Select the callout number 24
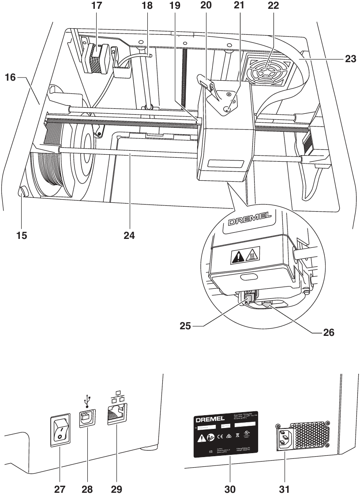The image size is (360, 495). [x=129, y=235]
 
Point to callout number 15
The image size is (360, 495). [x=21, y=235]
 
